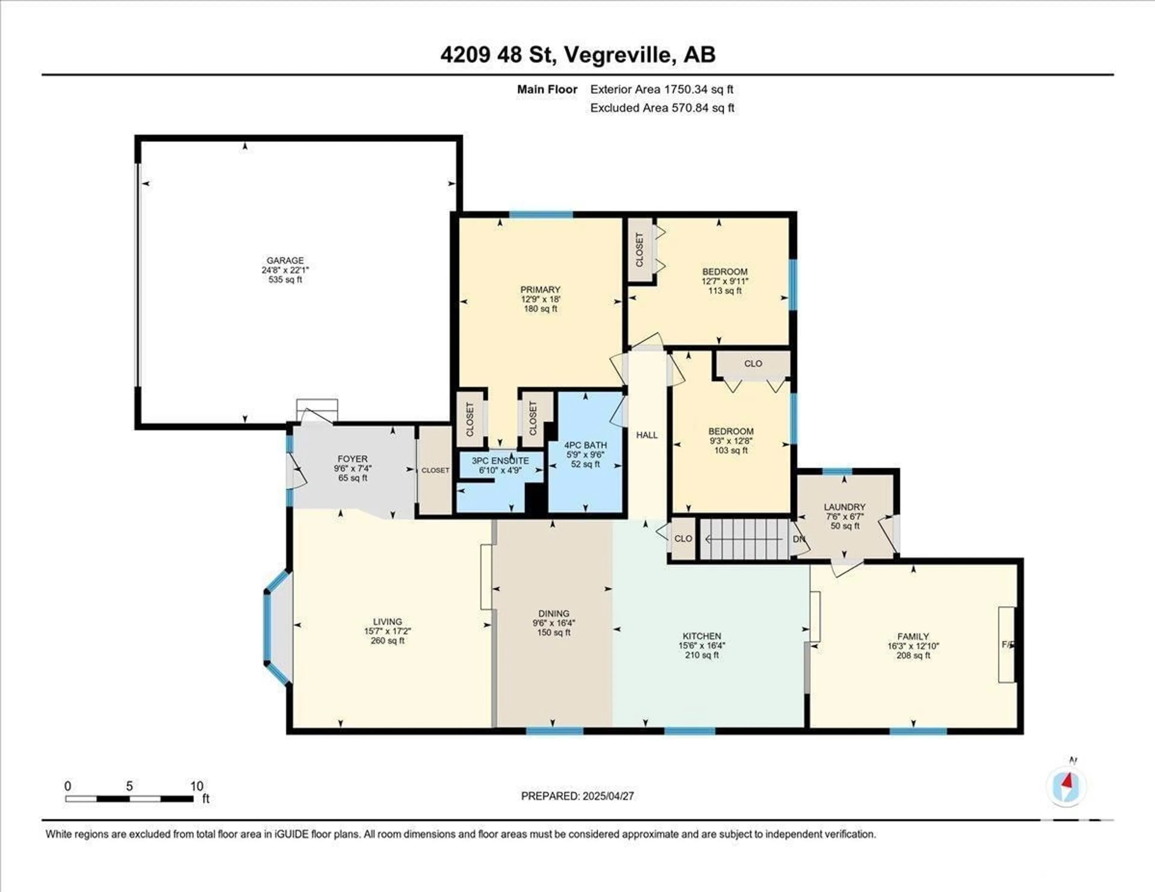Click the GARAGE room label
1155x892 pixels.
point(285,260)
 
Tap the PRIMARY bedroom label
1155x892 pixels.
point(540,289)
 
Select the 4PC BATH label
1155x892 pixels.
point(585,445)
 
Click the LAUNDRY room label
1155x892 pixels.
point(845,506)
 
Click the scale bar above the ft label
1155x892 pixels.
point(130,798)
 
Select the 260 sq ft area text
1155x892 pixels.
point(388,640)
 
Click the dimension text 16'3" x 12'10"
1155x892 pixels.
point(913,646)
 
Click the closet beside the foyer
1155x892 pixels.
point(435,470)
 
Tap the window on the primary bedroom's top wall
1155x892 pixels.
point(541,214)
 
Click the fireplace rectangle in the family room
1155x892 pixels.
point(1006,644)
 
